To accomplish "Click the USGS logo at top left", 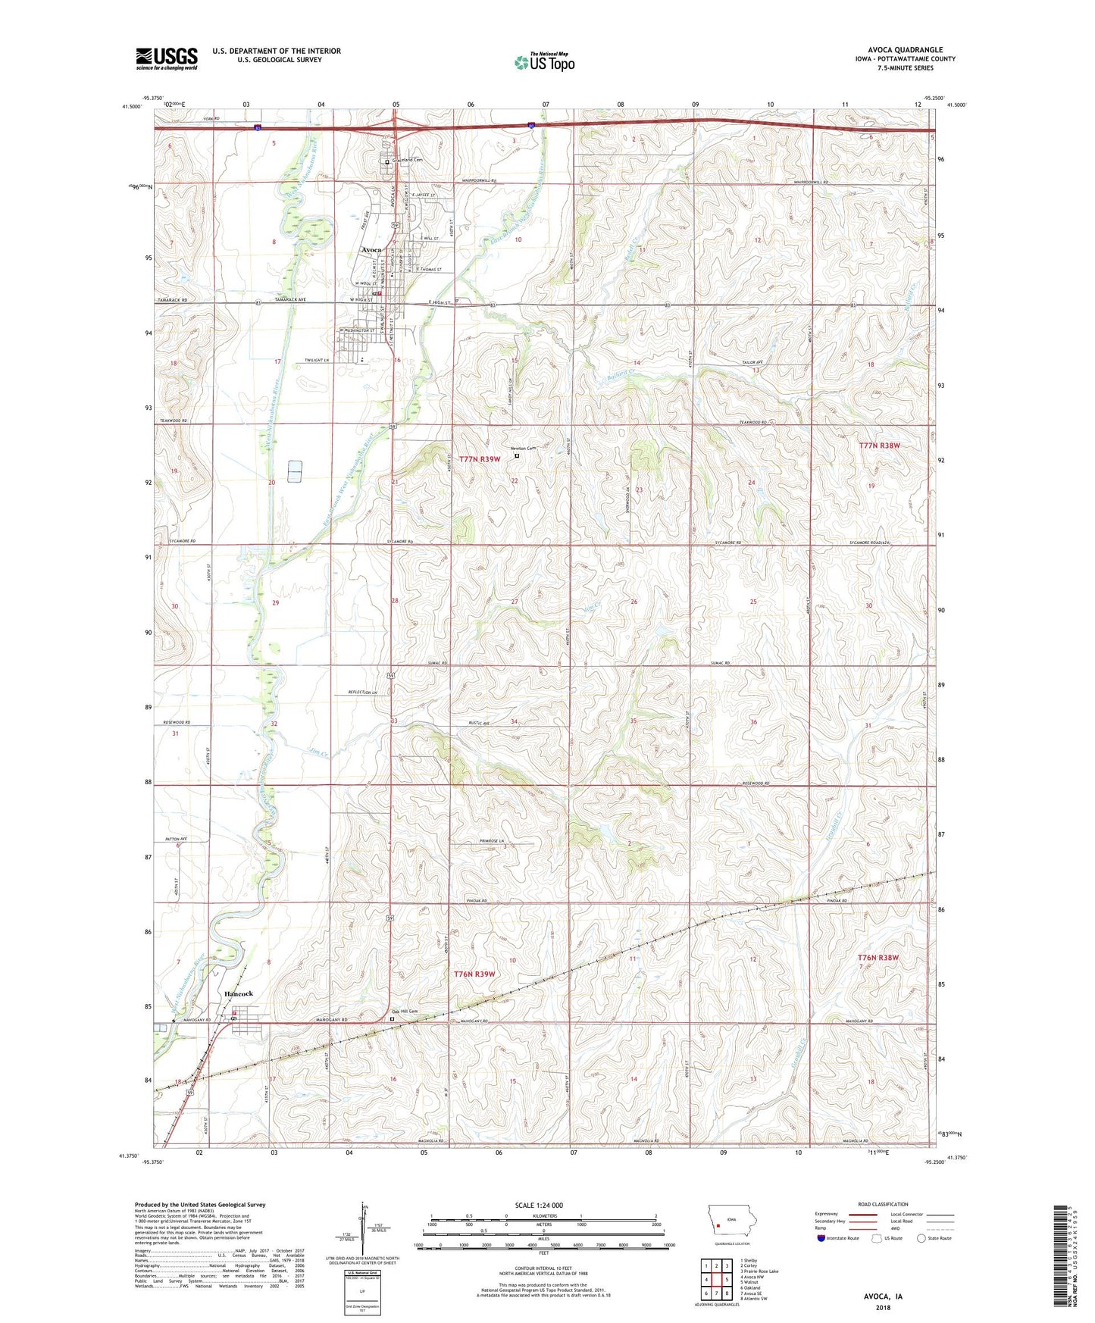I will [x=166, y=58].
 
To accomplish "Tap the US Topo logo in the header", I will [x=544, y=62].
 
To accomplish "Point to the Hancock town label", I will [x=237, y=993].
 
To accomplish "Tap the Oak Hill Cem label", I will [x=405, y=1012].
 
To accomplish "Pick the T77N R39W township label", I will [x=480, y=460].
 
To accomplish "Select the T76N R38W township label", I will [x=878, y=958].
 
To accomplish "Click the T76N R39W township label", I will [x=474, y=974].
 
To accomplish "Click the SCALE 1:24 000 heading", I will [x=539, y=1205].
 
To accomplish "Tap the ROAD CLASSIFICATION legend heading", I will [x=884, y=1204].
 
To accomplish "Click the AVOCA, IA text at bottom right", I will [x=883, y=1296].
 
